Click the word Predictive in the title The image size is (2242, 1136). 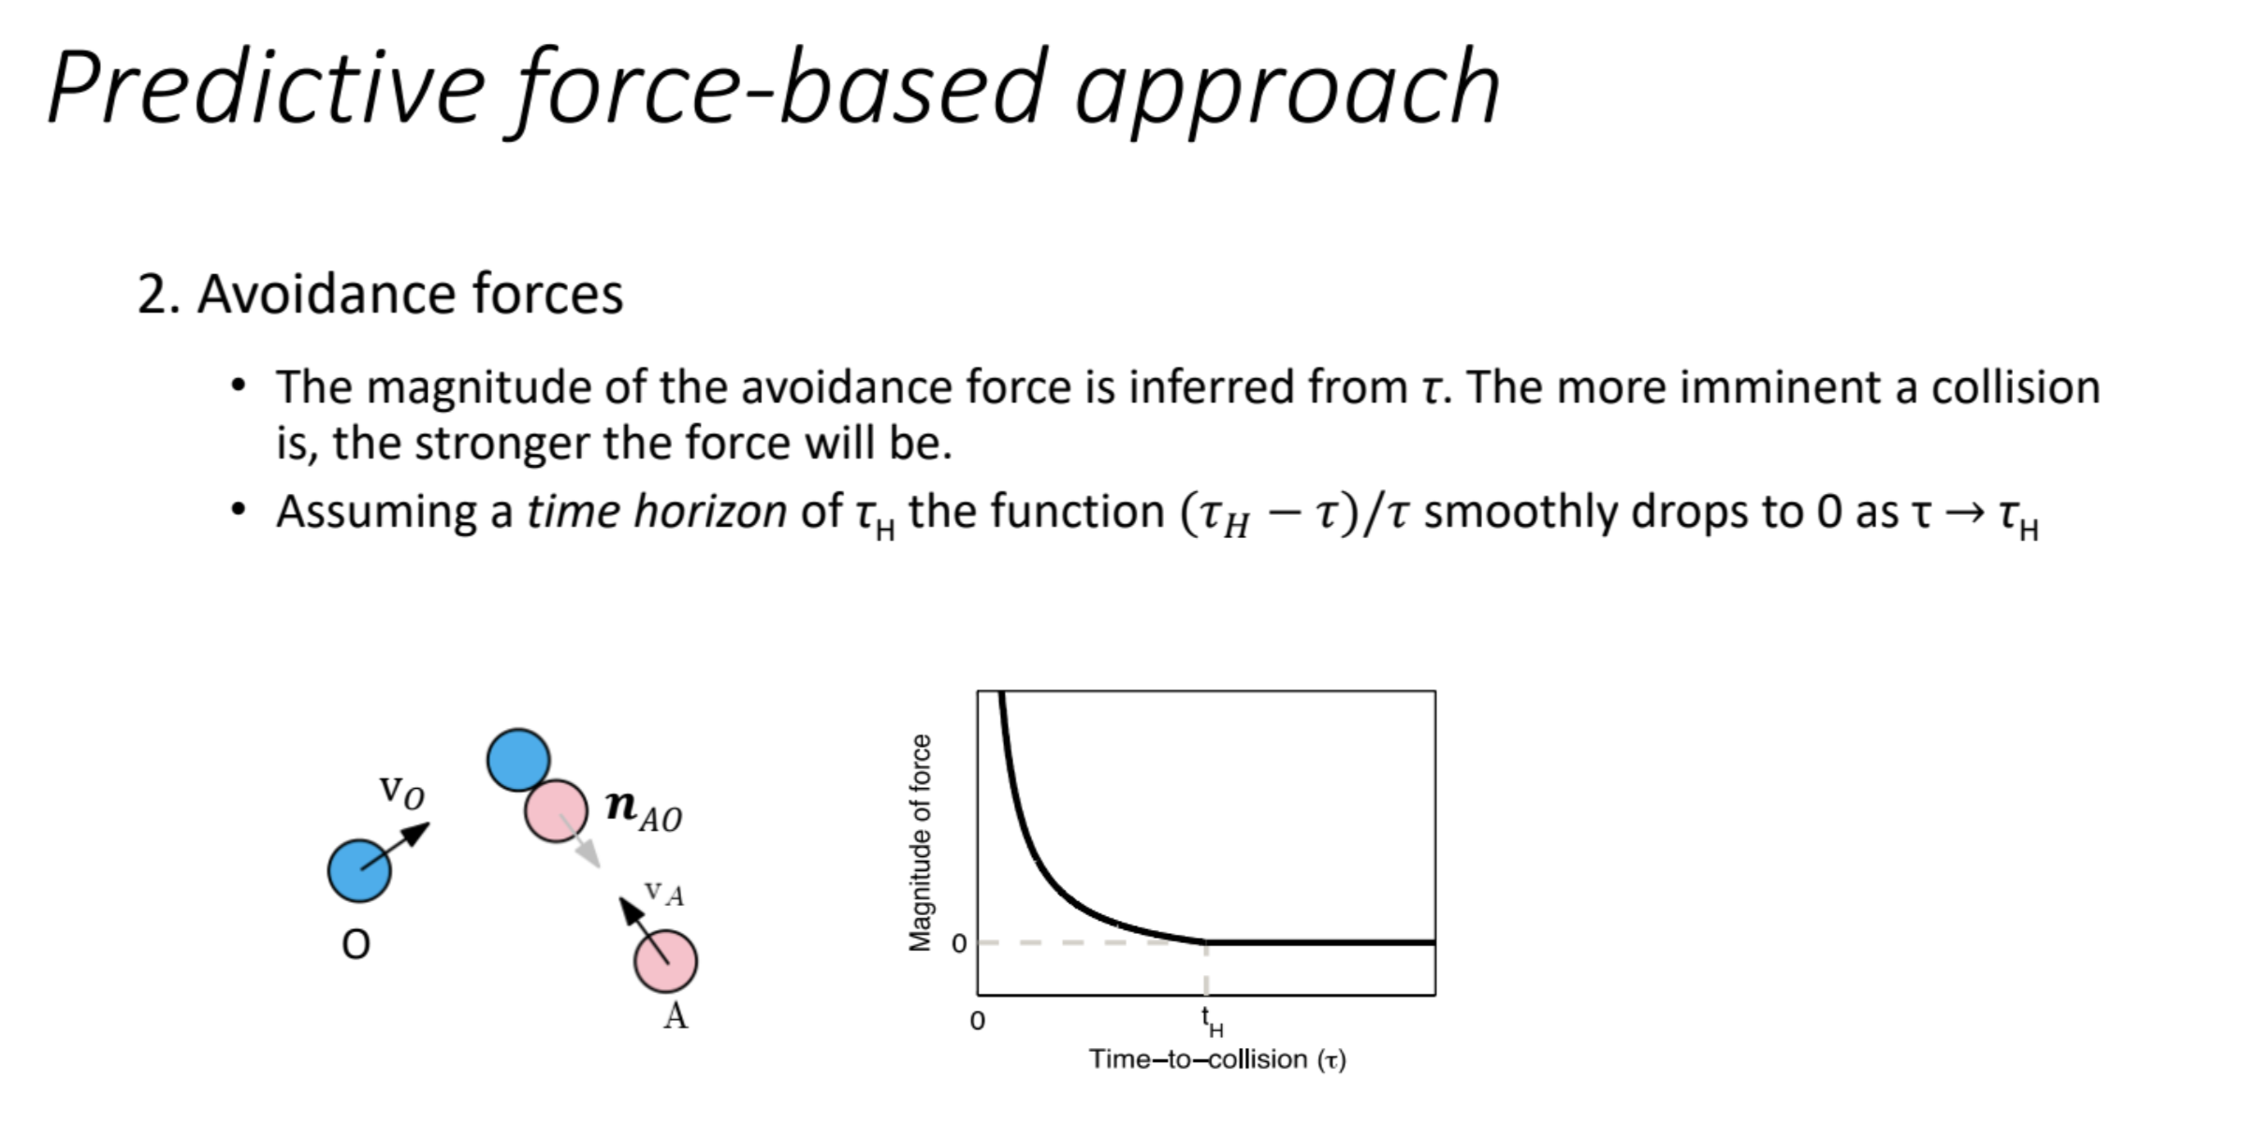click(268, 87)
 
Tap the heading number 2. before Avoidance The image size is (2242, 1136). click(159, 294)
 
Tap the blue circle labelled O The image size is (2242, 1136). click(359, 870)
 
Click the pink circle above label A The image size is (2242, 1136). click(665, 961)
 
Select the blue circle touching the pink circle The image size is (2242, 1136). click(518, 760)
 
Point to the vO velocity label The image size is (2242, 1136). click(401, 792)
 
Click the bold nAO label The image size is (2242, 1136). click(644, 809)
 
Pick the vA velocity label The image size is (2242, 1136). click(664, 893)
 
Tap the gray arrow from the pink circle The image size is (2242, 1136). click(579, 840)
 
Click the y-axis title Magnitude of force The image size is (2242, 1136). click(921, 842)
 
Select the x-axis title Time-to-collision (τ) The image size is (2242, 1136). click(1217, 1059)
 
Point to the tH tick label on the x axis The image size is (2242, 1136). click(1212, 1021)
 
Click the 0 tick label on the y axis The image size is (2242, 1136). click(958, 943)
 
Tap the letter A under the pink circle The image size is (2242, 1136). click(675, 1015)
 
